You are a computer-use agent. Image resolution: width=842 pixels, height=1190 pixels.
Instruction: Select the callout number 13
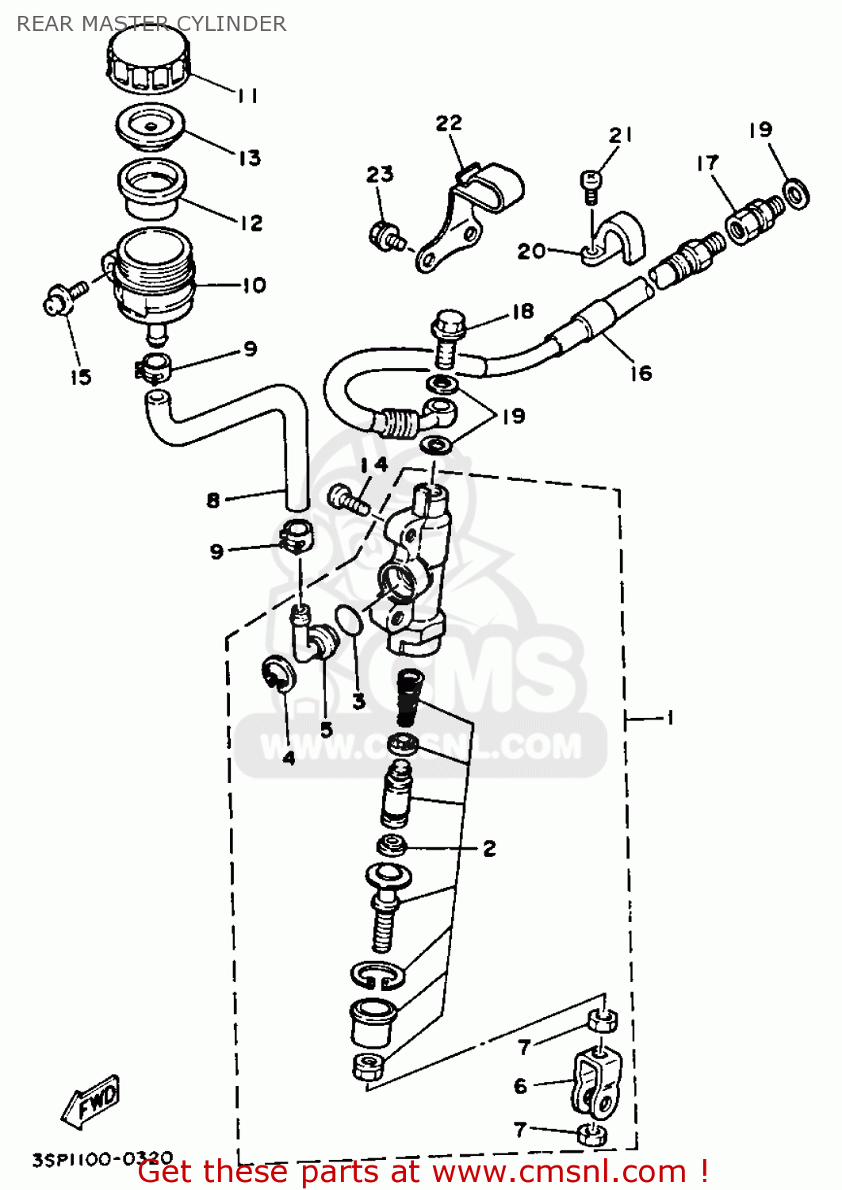250,157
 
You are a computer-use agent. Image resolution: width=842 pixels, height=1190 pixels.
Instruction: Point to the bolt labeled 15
63,297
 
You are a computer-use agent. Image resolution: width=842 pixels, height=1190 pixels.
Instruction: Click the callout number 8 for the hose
212,500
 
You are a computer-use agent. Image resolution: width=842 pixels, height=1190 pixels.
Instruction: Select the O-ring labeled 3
350,620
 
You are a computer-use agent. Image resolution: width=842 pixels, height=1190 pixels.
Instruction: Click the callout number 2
489,848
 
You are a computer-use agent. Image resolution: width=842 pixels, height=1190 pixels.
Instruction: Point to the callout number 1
669,718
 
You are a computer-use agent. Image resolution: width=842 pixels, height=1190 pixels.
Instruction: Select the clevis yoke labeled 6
597,1083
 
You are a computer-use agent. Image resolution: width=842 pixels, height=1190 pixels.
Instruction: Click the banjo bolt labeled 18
446,337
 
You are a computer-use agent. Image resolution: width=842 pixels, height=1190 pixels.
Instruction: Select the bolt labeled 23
386,235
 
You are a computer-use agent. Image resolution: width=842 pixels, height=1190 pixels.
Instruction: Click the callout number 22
448,123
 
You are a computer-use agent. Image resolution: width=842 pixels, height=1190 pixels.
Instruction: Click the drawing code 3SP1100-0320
101,1159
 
